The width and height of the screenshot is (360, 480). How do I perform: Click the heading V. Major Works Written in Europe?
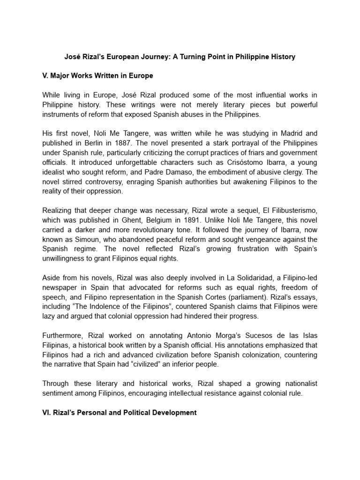click(97, 75)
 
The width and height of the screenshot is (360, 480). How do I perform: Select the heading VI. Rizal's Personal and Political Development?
click(120, 412)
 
